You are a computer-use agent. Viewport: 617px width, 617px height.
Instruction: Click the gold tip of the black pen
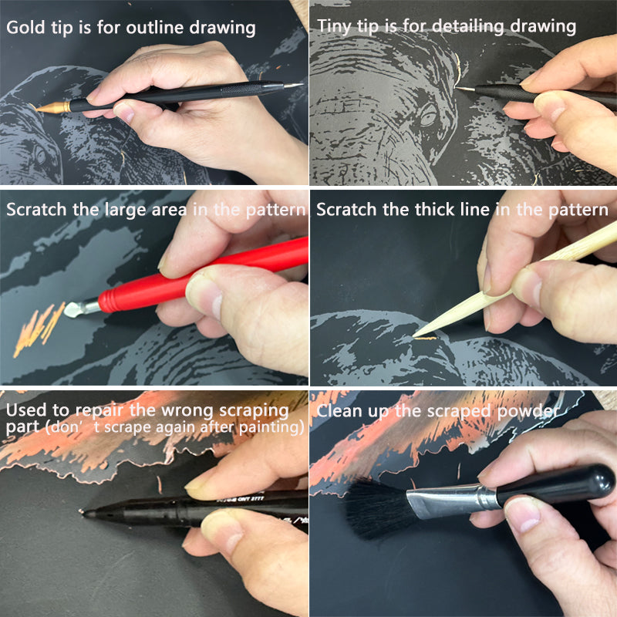click(x=52, y=107)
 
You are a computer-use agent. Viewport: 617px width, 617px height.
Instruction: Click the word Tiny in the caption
click(x=335, y=27)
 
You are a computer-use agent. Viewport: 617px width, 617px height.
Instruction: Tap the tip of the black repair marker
click(x=82, y=511)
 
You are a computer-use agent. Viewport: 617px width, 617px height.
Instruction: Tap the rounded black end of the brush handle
click(x=596, y=481)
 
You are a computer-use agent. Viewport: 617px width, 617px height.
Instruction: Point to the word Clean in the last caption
click(x=339, y=411)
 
